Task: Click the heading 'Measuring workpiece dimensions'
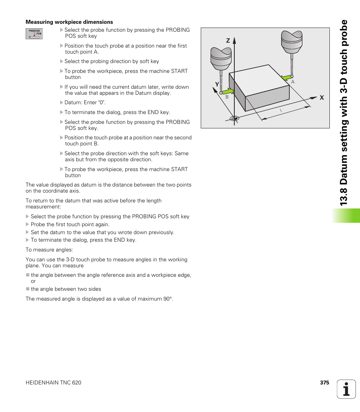pos(69,22)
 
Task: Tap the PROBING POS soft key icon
pos(34,34)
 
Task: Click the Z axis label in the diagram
pos(228,40)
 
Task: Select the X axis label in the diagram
pos(322,97)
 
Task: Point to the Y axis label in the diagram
pos(217,85)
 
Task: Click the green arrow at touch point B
pos(228,91)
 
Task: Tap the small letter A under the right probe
pos(292,82)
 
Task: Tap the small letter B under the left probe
pos(227,97)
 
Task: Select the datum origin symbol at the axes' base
pos(234,118)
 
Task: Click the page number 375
pos(325,383)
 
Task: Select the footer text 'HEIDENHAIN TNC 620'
pos(53,383)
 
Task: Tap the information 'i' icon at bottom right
pos(346,389)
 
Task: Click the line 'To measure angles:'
pos(49,250)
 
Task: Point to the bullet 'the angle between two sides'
pos(66,289)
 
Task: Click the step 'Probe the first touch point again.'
pos(70,224)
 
